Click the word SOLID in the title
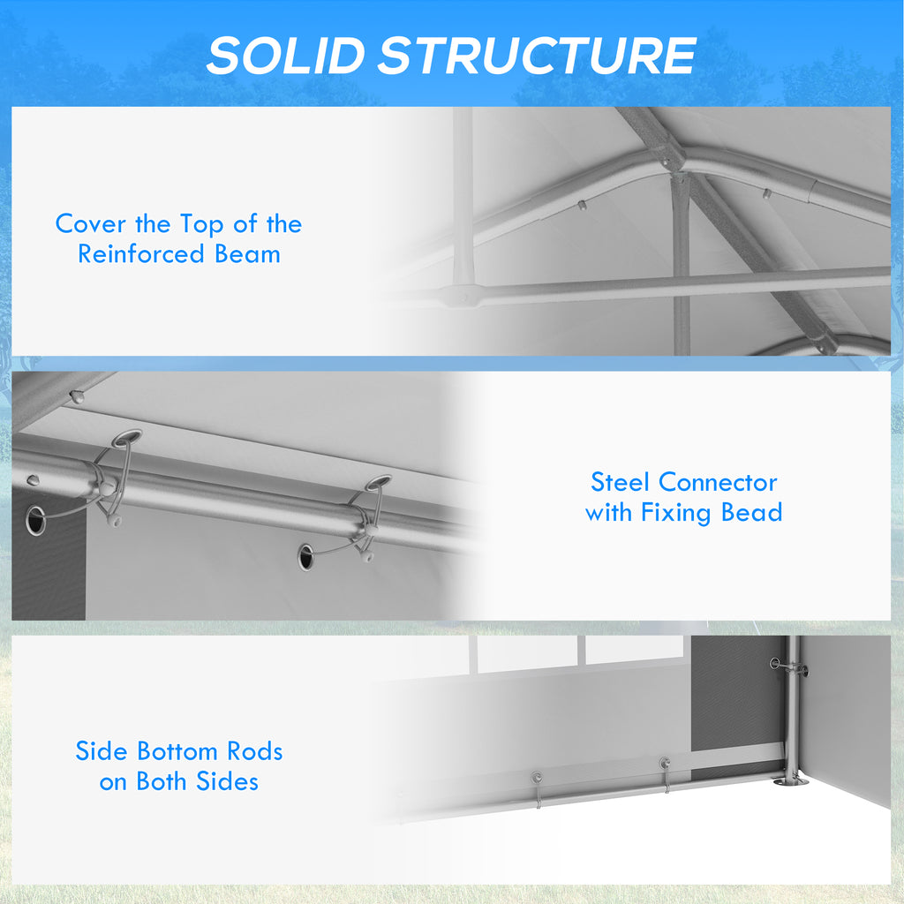pyautogui.click(x=286, y=56)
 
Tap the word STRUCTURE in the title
pyautogui.click(x=538, y=56)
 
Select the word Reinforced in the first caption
pyautogui.click(x=141, y=253)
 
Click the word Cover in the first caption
pyautogui.click(x=91, y=223)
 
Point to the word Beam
pyautogui.click(x=247, y=253)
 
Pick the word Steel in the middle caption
pyautogui.click(x=620, y=482)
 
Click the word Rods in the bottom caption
pyautogui.click(x=255, y=751)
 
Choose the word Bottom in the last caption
pyautogui.click(x=177, y=751)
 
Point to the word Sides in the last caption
pyautogui.click(x=227, y=781)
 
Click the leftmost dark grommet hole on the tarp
pyautogui.click(x=35, y=520)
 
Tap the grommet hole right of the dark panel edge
pyautogui.click(x=305, y=557)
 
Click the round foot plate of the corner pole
pyautogui.click(x=790, y=781)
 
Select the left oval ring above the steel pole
pyautogui.click(x=127, y=438)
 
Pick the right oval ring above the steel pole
pyautogui.click(x=378, y=483)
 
